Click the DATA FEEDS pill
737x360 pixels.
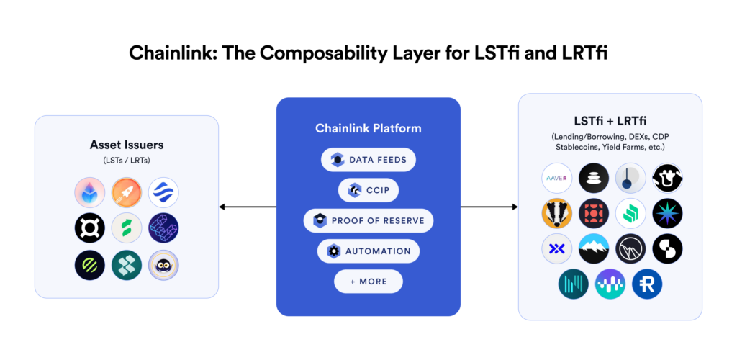coord(368,160)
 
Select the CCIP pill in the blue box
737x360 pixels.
coord(368,190)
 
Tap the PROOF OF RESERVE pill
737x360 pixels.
coord(368,220)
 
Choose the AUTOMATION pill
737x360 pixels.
coord(368,251)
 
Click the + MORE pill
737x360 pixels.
coord(368,282)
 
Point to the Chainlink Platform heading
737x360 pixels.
coord(368,129)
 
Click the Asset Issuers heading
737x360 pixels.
coord(127,145)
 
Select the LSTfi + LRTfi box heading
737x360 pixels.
coord(610,120)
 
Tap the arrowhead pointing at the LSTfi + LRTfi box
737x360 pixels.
coord(514,207)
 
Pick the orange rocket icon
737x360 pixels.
coord(127,192)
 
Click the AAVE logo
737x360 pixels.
coord(556,177)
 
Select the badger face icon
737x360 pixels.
coord(556,213)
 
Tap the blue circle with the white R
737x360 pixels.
coord(647,284)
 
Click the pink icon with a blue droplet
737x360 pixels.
coord(89,192)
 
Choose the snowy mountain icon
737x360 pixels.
coord(594,248)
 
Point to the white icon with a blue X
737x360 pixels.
coord(556,248)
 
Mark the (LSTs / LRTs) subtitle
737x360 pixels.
coord(127,160)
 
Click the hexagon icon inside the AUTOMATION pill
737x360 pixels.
coord(334,251)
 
